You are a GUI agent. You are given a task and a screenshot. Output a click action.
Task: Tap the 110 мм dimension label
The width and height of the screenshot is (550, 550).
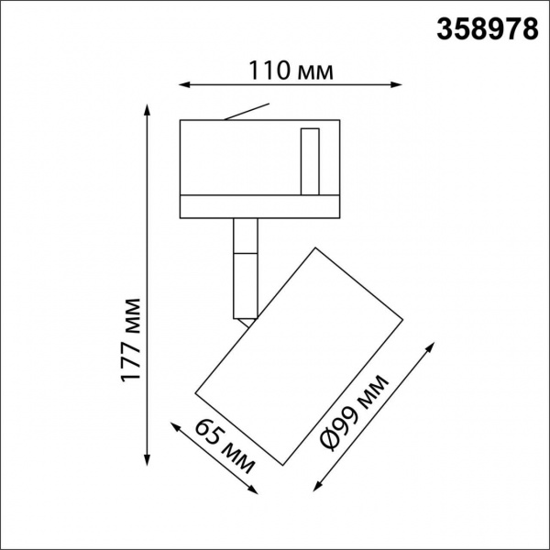(x=289, y=70)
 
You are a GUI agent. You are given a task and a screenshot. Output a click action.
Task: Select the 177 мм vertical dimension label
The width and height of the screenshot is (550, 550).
(x=134, y=339)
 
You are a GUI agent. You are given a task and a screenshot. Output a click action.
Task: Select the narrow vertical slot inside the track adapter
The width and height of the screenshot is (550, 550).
(x=309, y=161)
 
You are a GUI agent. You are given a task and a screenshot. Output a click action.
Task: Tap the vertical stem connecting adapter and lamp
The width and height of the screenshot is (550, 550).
(x=245, y=266)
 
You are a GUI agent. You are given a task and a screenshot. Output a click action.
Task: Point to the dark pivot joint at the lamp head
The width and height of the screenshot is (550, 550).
(x=247, y=320)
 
